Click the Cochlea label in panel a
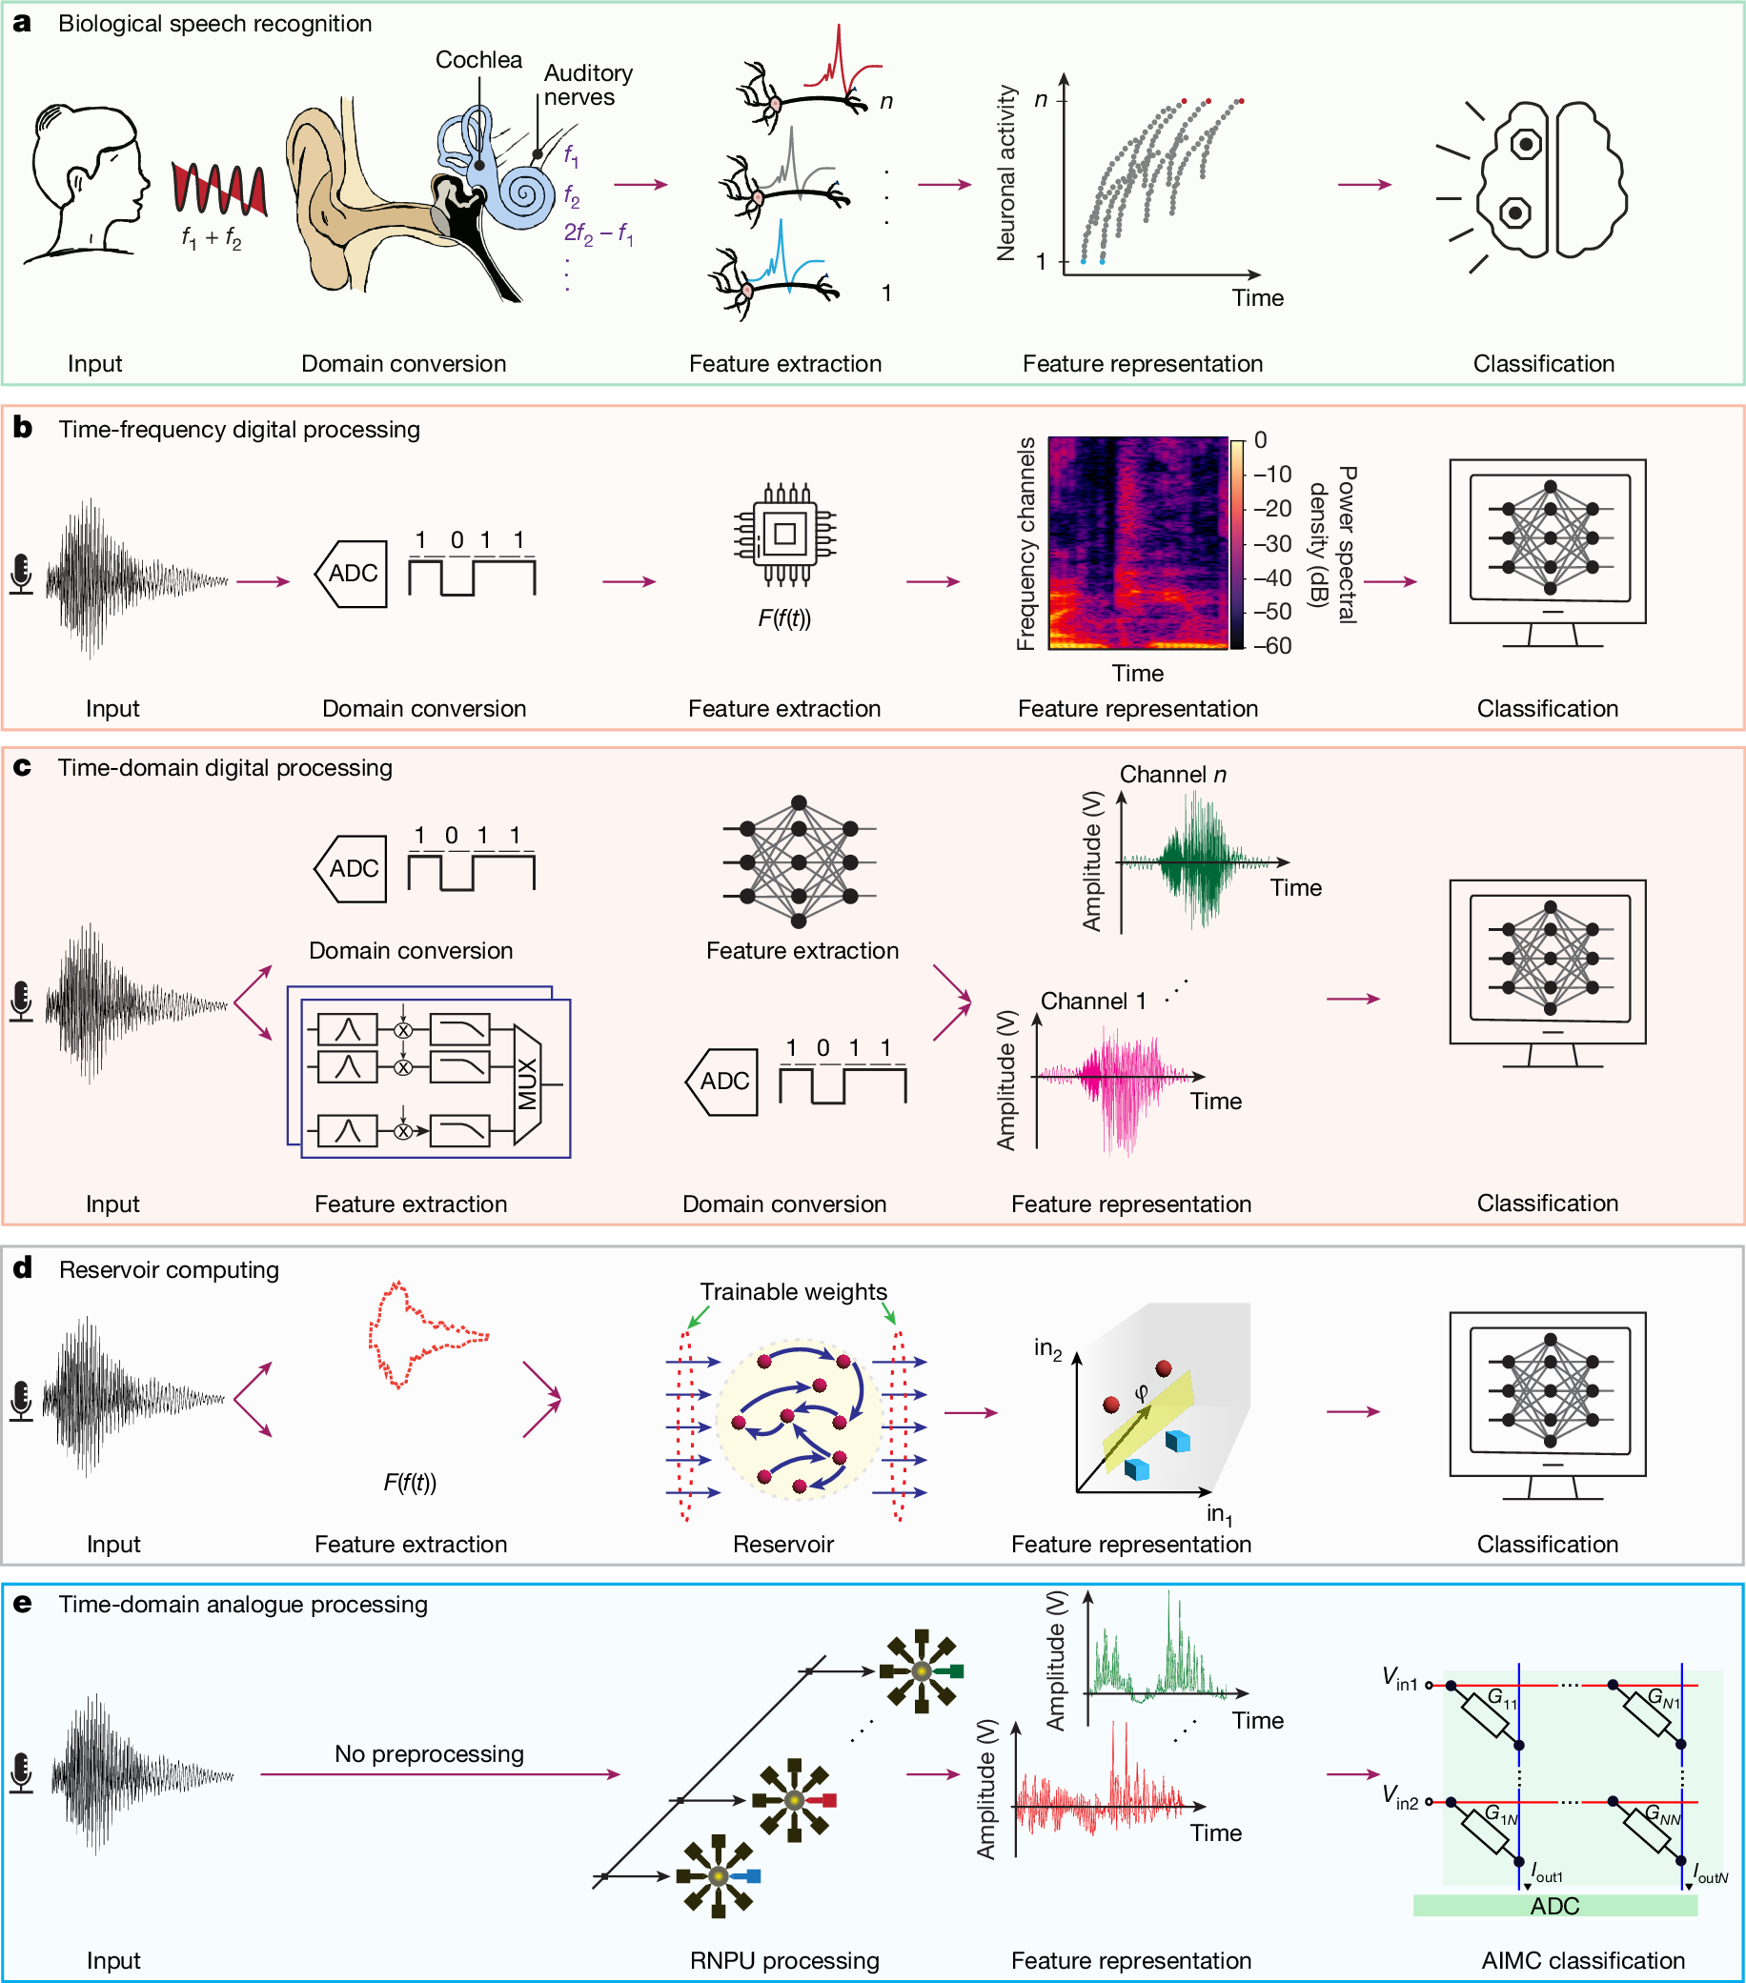coord(478,60)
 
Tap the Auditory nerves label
coord(587,86)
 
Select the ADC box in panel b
coord(352,574)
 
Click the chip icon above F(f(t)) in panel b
coord(785,534)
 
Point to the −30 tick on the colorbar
coord(1271,543)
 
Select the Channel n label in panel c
coord(1172,774)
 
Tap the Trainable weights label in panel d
coord(793,1291)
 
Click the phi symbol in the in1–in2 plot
coord(1142,1392)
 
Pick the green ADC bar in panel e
coord(1554,1907)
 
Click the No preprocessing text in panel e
coord(429,1754)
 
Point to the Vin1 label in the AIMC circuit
coord(1400,1679)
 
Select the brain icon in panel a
coord(1550,180)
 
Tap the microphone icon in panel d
coord(20,1401)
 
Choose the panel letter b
coord(22,428)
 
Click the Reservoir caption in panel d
coord(783,1544)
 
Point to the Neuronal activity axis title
coord(1006,172)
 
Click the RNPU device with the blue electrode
coord(720,1876)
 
